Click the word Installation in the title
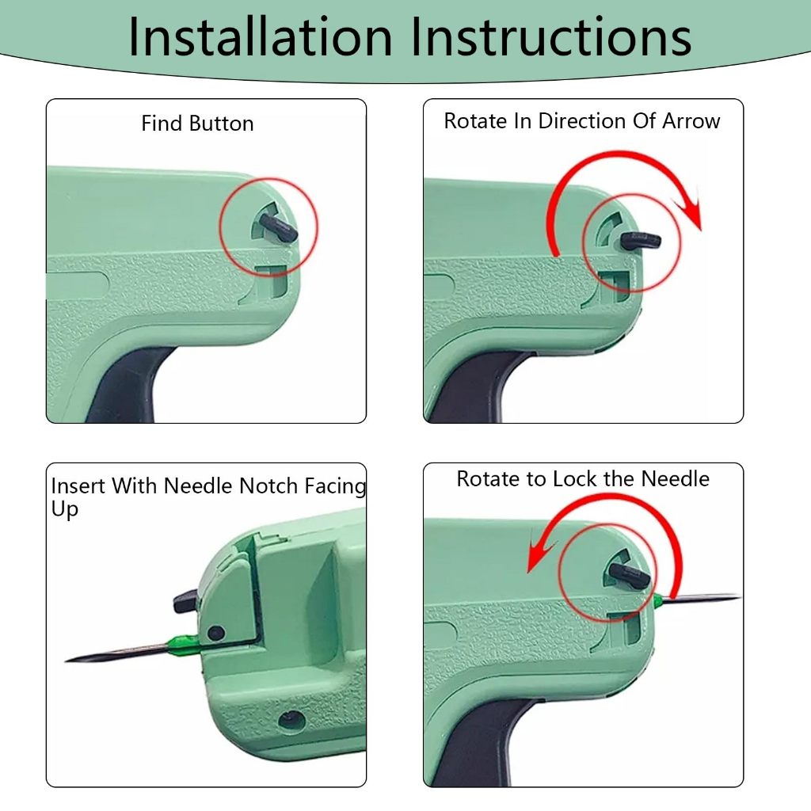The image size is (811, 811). (x=260, y=36)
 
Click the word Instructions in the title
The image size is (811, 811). (x=551, y=36)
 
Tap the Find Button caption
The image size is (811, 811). (x=197, y=124)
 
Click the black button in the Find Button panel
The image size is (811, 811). (x=278, y=228)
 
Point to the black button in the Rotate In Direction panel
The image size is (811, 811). (x=640, y=241)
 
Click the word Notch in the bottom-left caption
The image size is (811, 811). (x=268, y=486)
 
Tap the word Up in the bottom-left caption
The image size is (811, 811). (x=65, y=509)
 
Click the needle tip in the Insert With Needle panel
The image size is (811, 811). (x=67, y=661)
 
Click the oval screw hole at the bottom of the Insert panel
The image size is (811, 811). (x=291, y=720)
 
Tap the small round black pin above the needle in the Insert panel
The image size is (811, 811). (x=215, y=633)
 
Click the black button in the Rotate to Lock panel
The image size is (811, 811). (x=629, y=574)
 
